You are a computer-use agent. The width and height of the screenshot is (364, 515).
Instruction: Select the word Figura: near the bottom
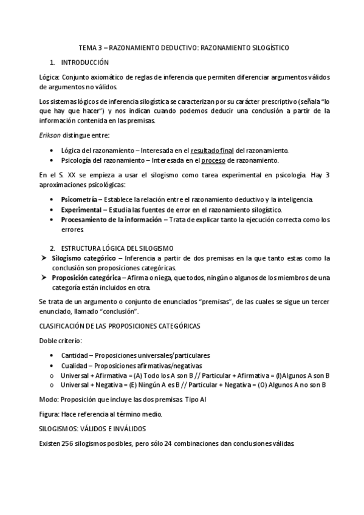pyautogui.click(x=49, y=414)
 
